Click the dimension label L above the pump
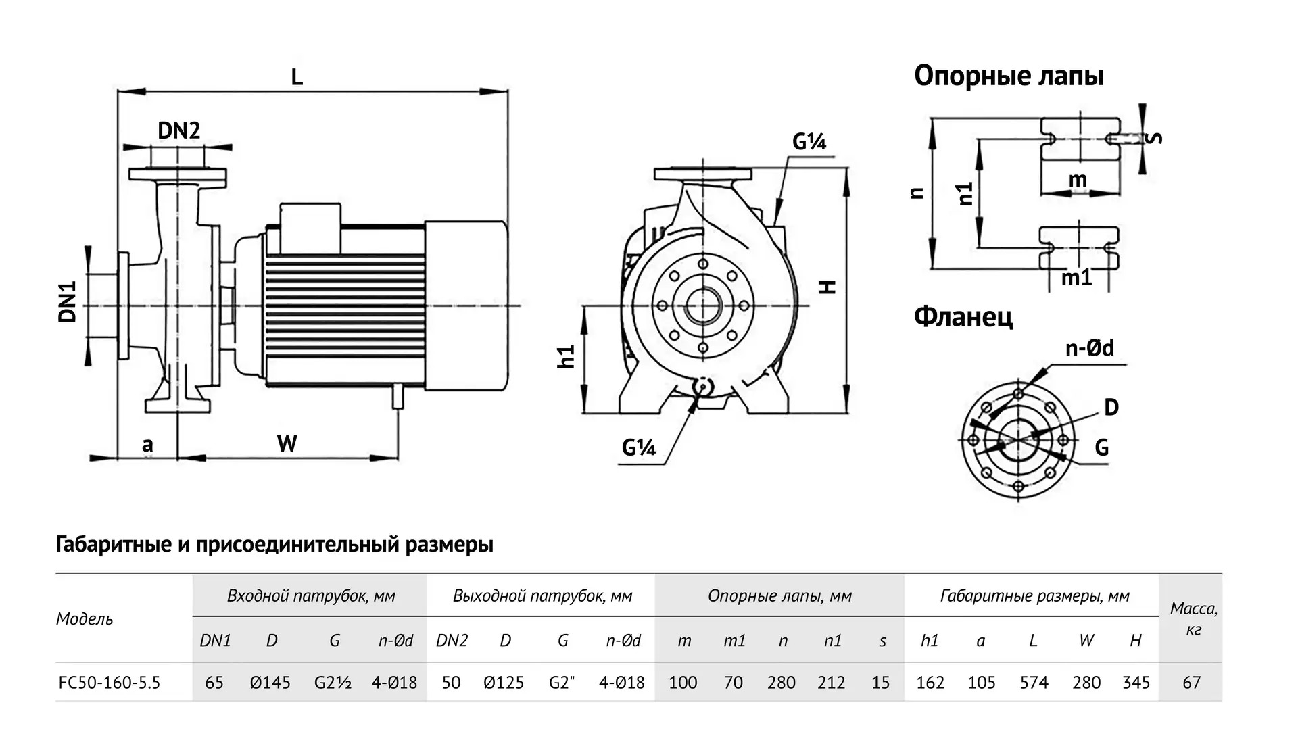coord(297,77)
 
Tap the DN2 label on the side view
coord(178,130)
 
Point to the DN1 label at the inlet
coord(68,301)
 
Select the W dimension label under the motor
coord(287,444)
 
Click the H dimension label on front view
coord(828,287)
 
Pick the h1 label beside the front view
coord(567,356)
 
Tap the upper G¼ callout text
coord(809,142)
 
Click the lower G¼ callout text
coord(639,447)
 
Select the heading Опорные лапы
coord(1009,76)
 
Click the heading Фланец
coord(963,316)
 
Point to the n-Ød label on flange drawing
coord(1089,348)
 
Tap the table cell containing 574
coord(1034,683)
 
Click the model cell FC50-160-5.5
coord(110,683)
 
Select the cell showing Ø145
coord(270,683)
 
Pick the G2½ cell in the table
coord(333,683)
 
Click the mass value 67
coord(1191,683)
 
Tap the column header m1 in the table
coord(734,641)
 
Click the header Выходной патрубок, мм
coord(542,596)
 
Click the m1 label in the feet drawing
coord(1076,277)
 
